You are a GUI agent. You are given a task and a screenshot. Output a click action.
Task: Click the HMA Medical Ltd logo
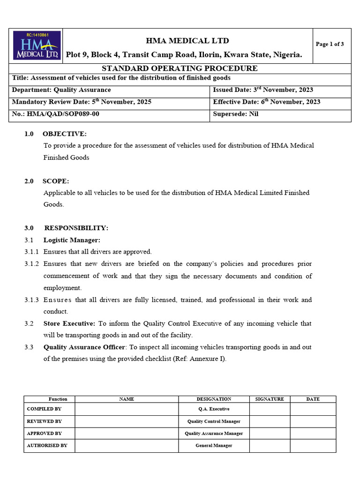click(x=36, y=45)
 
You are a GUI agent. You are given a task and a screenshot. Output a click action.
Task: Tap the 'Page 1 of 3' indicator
click(x=330, y=45)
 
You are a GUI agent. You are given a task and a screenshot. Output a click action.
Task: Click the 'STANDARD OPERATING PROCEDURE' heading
click(x=180, y=68)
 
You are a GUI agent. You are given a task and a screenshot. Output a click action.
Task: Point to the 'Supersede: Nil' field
click(x=235, y=114)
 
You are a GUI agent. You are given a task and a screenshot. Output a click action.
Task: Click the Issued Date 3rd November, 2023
click(x=263, y=90)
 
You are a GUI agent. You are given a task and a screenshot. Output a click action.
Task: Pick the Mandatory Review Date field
click(x=82, y=102)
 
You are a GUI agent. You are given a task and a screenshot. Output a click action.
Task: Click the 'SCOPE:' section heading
click(x=56, y=181)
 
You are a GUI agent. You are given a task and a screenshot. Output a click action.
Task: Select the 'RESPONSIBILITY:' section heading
click(x=76, y=228)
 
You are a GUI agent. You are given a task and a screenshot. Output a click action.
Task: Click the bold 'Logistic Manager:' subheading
click(x=72, y=240)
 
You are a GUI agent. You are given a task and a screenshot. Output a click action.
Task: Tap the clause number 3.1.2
click(x=32, y=264)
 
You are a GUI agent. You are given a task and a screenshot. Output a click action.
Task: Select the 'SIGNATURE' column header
click(x=270, y=399)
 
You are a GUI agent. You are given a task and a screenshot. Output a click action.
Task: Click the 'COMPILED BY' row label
click(x=44, y=409)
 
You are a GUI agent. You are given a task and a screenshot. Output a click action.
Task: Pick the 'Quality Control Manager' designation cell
click(x=214, y=421)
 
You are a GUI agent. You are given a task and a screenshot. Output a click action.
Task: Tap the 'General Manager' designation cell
click(x=214, y=445)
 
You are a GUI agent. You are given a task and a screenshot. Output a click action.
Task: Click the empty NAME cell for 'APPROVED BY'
click(x=127, y=434)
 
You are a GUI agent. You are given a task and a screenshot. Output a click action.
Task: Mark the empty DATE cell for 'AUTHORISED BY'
click(x=313, y=445)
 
